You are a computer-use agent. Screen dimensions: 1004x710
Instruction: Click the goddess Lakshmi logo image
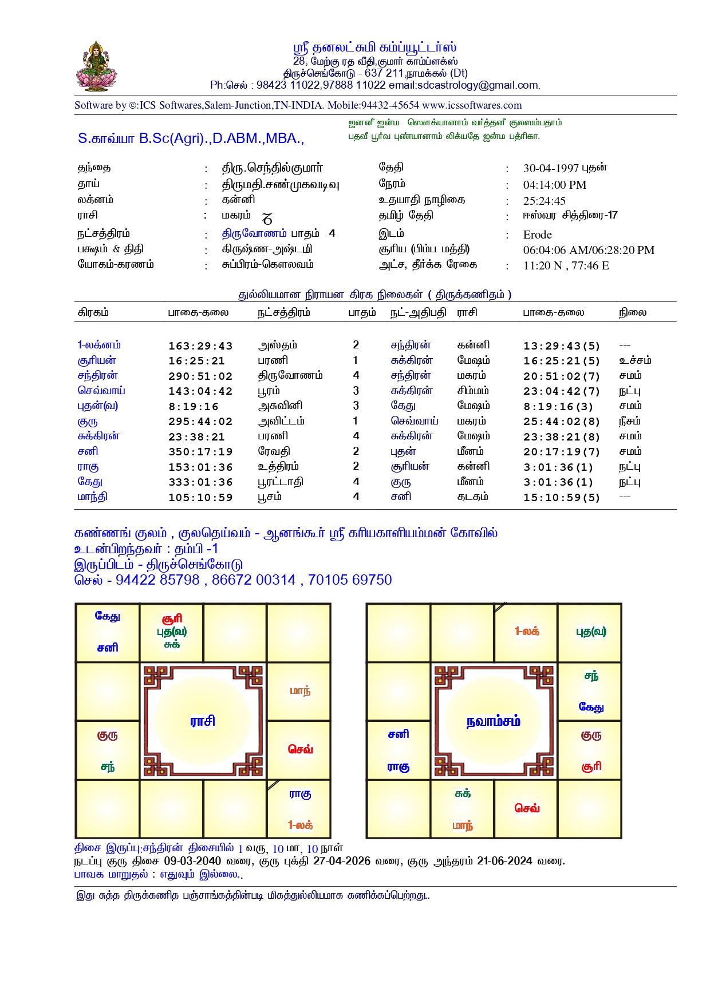[x=96, y=66]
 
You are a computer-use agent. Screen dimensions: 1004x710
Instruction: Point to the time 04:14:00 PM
[x=554, y=185]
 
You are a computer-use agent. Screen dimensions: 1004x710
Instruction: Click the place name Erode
[x=537, y=235]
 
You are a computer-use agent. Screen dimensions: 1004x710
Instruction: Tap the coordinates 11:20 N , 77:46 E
[x=566, y=265]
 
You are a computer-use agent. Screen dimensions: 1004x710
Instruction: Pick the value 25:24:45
[x=544, y=201]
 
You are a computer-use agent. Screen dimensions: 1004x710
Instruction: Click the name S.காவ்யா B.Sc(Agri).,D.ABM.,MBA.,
[x=191, y=138]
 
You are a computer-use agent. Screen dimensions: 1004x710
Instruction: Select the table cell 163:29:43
[x=200, y=346]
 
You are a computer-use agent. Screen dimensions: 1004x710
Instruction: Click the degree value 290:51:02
[x=200, y=376]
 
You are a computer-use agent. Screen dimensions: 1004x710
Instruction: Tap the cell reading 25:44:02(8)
[x=561, y=422]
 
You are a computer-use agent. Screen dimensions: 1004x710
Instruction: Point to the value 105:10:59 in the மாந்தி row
[x=200, y=498]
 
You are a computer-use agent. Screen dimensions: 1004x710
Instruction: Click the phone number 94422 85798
[x=157, y=580]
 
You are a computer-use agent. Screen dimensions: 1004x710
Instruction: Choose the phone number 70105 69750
[x=350, y=580]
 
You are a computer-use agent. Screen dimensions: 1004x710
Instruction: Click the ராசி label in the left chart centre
[x=203, y=721]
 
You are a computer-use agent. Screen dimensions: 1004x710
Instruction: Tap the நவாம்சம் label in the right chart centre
[x=493, y=721]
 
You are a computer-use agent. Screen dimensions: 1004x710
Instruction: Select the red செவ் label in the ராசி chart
[x=300, y=749]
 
